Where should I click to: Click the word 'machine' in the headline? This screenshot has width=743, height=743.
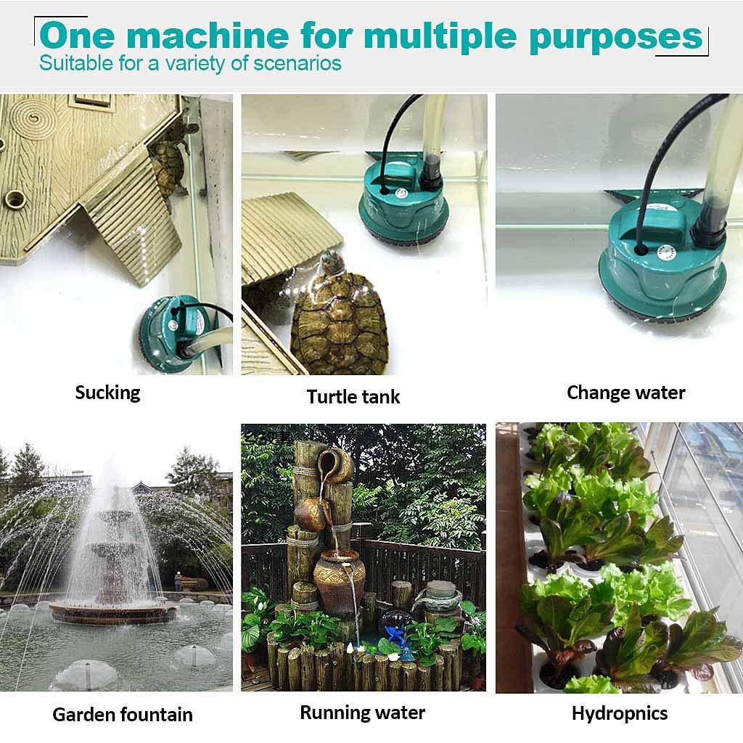[208, 35]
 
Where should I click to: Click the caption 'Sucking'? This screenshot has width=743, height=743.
[107, 393]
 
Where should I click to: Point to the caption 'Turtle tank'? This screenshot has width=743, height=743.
[353, 397]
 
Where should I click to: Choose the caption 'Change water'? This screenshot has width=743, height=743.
[626, 393]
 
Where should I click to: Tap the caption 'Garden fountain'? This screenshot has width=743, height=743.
[123, 715]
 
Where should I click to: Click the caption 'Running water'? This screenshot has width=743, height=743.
[363, 713]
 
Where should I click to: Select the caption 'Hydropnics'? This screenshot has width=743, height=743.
[620, 714]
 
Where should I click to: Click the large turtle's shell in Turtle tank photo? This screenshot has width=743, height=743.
[340, 324]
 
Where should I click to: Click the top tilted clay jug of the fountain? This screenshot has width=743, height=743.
[335, 465]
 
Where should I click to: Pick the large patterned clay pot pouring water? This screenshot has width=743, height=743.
[340, 581]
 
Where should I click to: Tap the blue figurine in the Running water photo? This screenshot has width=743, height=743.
[394, 634]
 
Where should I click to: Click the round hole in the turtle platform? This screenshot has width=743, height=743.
[15, 199]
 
